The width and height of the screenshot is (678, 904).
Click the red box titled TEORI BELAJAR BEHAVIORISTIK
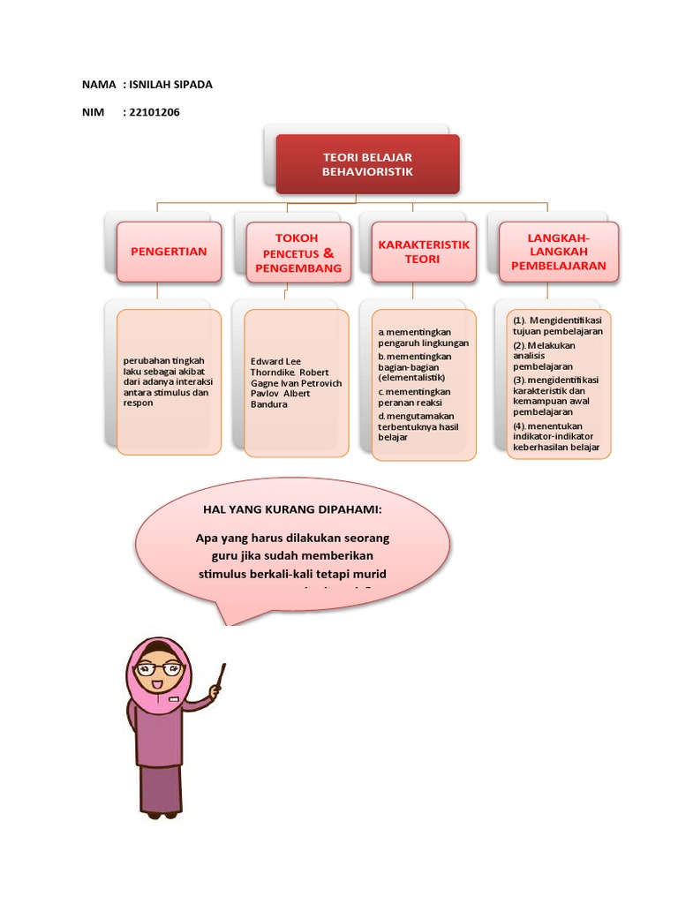(x=367, y=163)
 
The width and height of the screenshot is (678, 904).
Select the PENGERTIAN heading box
(x=169, y=252)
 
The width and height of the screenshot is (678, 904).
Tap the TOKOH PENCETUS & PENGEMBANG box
(x=297, y=252)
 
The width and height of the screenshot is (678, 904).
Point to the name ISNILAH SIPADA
(x=171, y=85)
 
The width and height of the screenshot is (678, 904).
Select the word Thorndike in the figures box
(x=274, y=372)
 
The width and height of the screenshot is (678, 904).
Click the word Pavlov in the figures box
(x=267, y=393)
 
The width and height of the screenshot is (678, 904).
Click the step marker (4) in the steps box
(x=520, y=426)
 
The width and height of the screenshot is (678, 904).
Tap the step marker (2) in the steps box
(x=520, y=345)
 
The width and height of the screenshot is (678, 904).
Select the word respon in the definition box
(x=139, y=403)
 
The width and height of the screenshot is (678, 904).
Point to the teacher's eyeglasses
(x=161, y=668)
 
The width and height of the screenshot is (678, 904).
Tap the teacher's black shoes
(x=162, y=814)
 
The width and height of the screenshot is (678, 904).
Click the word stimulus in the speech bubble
(x=228, y=574)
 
